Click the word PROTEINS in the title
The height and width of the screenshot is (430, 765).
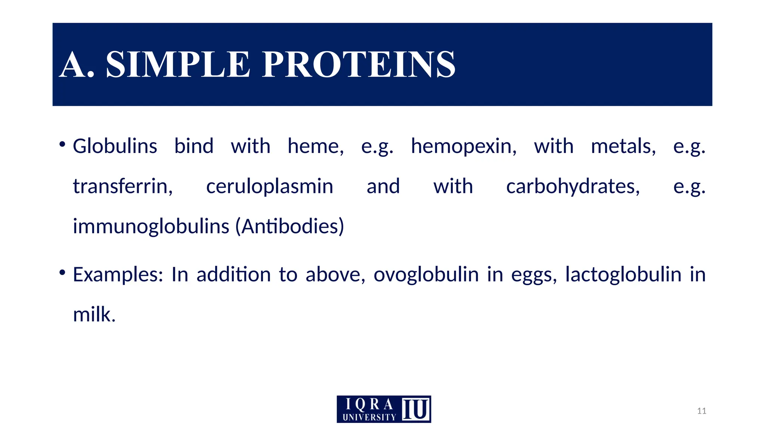(x=359, y=65)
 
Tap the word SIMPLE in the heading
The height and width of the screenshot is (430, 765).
(x=178, y=65)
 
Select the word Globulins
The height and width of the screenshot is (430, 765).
(x=115, y=146)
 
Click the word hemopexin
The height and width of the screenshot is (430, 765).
(x=464, y=146)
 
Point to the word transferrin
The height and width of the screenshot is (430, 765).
(x=123, y=186)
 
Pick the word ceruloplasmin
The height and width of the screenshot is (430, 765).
(x=269, y=186)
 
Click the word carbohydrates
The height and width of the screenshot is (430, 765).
(x=573, y=186)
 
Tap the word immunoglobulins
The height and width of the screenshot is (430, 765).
(x=151, y=226)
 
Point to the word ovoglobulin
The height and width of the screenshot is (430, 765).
(x=426, y=275)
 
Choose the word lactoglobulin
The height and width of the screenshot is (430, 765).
(x=623, y=275)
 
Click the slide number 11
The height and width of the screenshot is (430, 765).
(x=701, y=411)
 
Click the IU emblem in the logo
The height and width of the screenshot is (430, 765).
(x=416, y=409)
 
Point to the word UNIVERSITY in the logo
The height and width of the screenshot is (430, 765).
(x=369, y=417)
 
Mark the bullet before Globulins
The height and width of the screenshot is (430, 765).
(x=62, y=144)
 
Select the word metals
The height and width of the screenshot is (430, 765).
(x=623, y=146)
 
